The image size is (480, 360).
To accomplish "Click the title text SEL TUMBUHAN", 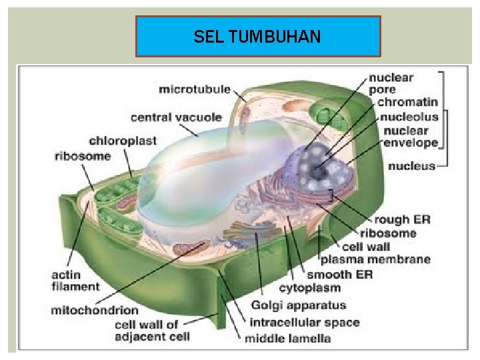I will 257,37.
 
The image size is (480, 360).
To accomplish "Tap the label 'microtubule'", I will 195,89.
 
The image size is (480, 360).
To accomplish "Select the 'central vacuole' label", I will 175,117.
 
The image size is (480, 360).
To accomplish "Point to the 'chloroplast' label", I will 123,141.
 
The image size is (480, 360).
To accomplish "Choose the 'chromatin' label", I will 407,103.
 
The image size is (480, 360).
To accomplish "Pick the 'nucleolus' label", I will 409,117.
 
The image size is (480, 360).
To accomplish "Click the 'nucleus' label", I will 411,165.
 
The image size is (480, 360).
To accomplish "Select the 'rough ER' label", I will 402,219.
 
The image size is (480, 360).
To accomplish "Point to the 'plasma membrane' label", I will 375,259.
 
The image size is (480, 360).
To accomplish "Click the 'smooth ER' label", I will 339,274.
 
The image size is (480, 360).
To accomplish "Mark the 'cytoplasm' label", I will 309,288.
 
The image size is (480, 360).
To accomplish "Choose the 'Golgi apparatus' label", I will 299,305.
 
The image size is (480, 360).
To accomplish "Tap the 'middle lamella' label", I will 287,338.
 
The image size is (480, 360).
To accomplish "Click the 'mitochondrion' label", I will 95,310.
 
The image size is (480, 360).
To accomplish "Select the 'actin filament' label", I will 75,281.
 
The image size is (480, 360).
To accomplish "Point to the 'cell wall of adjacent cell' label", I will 147,330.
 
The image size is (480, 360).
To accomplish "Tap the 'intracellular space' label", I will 304,322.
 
